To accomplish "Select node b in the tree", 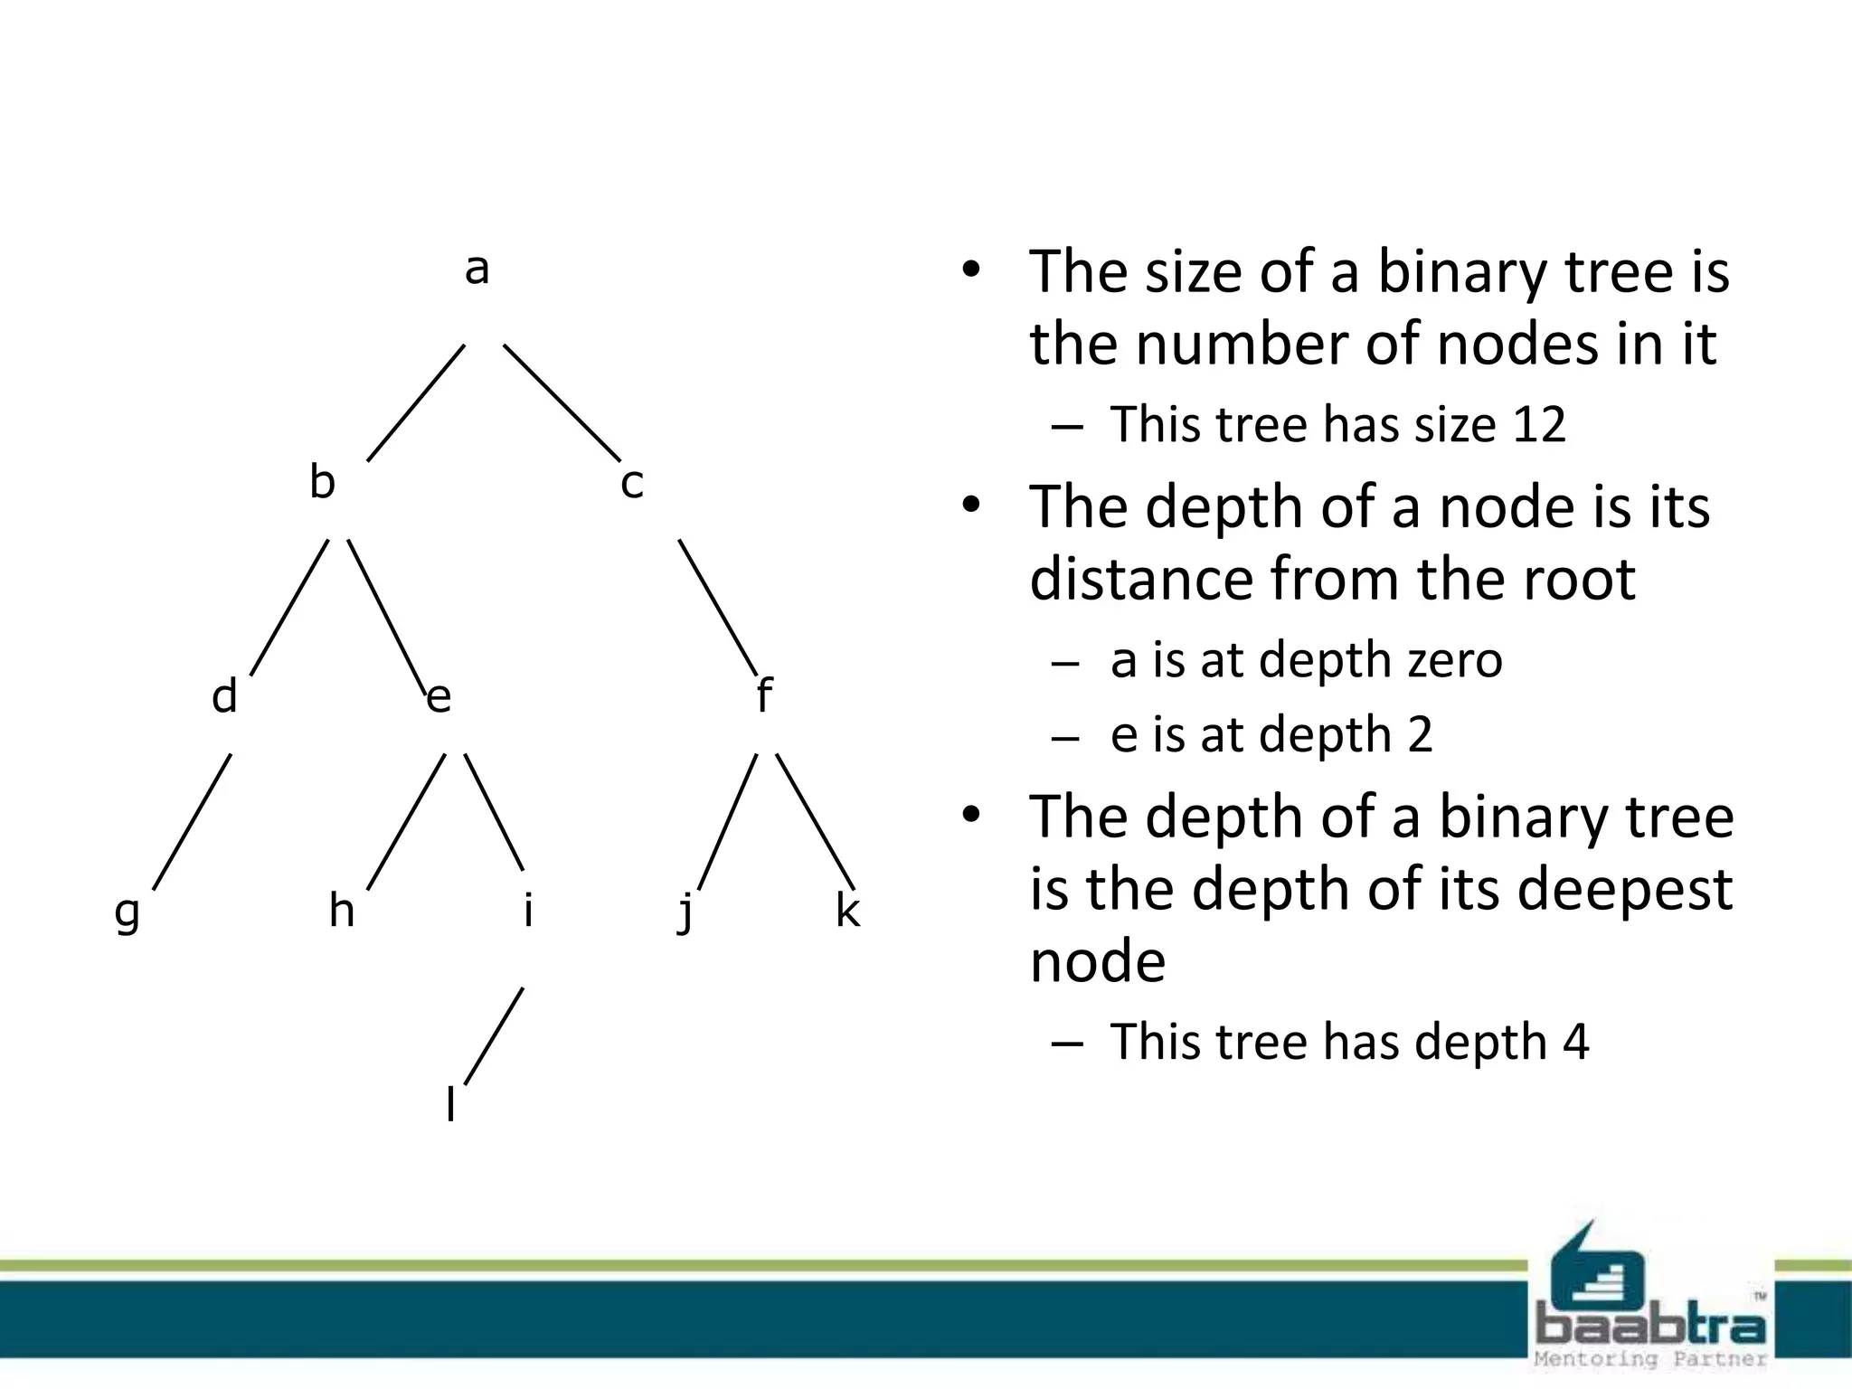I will click(x=322, y=482).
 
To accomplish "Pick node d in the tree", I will click(x=224, y=697).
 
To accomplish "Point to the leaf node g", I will click(x=128, y=912).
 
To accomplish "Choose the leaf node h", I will click(x=341, y=910).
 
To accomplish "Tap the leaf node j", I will click(x=686, y=912).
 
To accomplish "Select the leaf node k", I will click(x=847, y=910).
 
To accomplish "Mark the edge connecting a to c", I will click(x=562, y=402).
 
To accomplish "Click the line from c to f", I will click(x=718, y=608).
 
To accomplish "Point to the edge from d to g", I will click(x=192, y=821).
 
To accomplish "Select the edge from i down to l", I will click(x=494, y=1035).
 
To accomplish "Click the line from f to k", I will click(x=815, y=821).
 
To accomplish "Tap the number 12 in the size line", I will click(x=1537, y=424).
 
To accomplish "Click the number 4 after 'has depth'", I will click(x=1575, y=1042).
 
